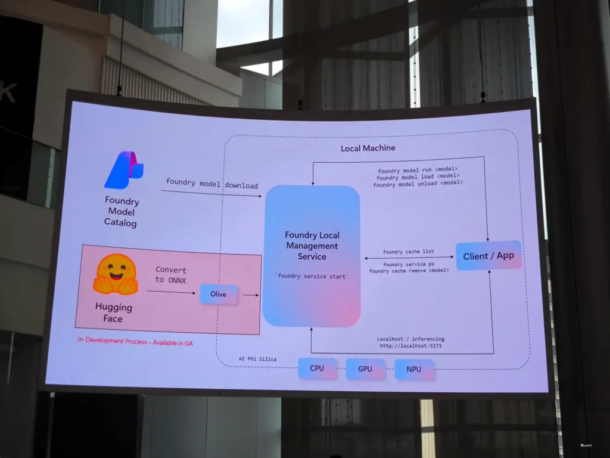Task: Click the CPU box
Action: click(317, 368)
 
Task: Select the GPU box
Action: click(365, 369)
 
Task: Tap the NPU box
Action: click(414, 369)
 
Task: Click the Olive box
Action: click(219, 294)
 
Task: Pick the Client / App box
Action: click(488, 256)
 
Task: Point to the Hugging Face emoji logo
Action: click(116, 274)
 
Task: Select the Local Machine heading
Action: click(368, 148)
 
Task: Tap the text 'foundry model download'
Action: click(211, 184)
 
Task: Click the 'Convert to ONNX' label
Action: click(171, 275)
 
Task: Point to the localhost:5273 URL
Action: click(411, 346)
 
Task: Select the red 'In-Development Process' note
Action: click(135, 342)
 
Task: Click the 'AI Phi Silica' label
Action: click(257, 358)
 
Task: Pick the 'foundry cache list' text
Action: click(409, 252)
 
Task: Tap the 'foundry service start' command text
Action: click(312, 276)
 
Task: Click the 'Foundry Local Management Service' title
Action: click(312, 246)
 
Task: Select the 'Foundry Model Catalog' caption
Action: click(121, 212)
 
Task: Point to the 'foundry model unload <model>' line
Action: click(418, 184)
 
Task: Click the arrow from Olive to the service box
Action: click(251, 295)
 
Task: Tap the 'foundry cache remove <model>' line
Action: click(409, 270)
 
